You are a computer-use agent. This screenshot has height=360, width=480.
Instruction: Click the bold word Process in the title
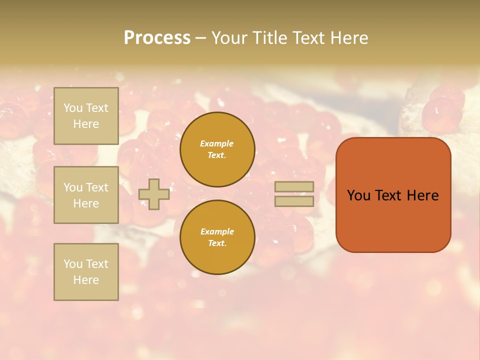point(157,38)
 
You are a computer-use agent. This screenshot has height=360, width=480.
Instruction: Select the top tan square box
point(86,116)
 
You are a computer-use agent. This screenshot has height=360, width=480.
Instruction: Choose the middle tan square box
point(86,195)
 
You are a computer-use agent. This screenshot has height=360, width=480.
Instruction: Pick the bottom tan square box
point(86,272)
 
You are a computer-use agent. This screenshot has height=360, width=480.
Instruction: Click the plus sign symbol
point(154,194)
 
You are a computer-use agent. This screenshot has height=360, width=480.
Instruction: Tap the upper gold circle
point(217,149)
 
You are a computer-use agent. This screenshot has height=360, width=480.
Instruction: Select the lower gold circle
point(217,237)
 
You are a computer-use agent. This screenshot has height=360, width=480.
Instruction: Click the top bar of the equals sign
point(294,187)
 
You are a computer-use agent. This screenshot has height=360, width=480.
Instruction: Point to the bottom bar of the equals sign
point(294,201)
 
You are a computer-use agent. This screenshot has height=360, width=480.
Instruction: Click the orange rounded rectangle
point(393,220)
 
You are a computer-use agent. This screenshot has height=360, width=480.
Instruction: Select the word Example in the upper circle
point(217,143)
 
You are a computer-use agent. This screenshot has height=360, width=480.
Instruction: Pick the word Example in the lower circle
point(217,231)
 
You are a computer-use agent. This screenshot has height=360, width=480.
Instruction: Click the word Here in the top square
point(86,124)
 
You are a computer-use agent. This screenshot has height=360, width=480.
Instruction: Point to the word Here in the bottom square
point(86,280)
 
